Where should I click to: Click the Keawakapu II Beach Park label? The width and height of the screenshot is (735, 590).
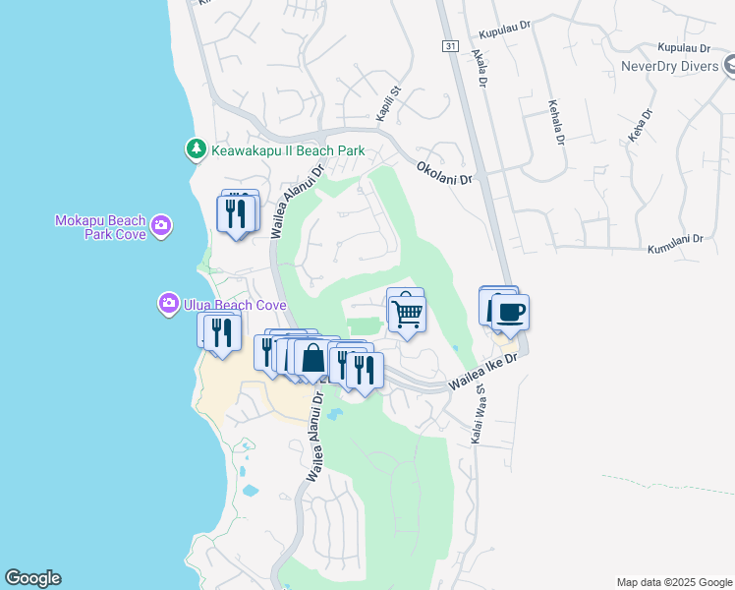[286, 150]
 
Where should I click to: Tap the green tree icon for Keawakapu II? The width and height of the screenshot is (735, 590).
[196, 149]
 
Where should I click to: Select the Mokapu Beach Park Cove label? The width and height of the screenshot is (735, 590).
[100, 227]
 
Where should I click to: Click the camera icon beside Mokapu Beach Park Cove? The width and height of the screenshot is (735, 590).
[162, 227]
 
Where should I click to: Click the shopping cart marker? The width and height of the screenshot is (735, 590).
[407, 314]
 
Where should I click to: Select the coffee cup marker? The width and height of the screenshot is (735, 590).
[509, 313]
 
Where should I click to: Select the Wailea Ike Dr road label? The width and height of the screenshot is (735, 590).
[482, 373]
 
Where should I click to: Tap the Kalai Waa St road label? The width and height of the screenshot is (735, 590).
[482, 419]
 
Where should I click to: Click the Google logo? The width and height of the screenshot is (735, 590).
[32, 578]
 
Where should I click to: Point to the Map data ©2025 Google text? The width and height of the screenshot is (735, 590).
[673, 582]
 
